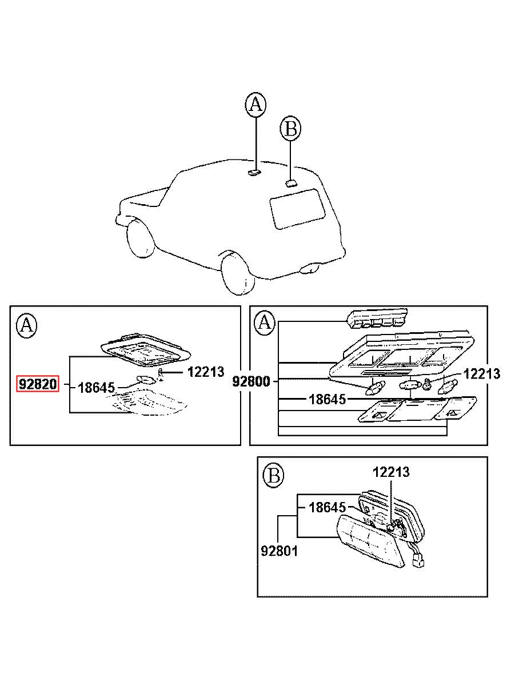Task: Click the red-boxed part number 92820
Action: (x=37, y=384)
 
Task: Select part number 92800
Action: (x=251, y=381)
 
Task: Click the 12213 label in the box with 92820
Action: (x=206, y=372)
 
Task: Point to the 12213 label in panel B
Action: (x=391, y=472)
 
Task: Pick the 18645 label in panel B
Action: (x=327, y=507)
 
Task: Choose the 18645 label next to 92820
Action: (x=96, y=388)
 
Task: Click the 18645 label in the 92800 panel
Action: (x=327, y=399)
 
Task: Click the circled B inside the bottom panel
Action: (x=273, y=476)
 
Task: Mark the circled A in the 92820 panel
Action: (x=27, y=326)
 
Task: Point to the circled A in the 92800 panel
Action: (x=265, y=323)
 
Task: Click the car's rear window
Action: (x=297, y=209)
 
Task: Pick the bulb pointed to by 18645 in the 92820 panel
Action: (x=145, y=380)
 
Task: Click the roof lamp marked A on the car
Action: (x=254, y=172)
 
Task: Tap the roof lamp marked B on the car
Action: (x=291, y=184)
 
